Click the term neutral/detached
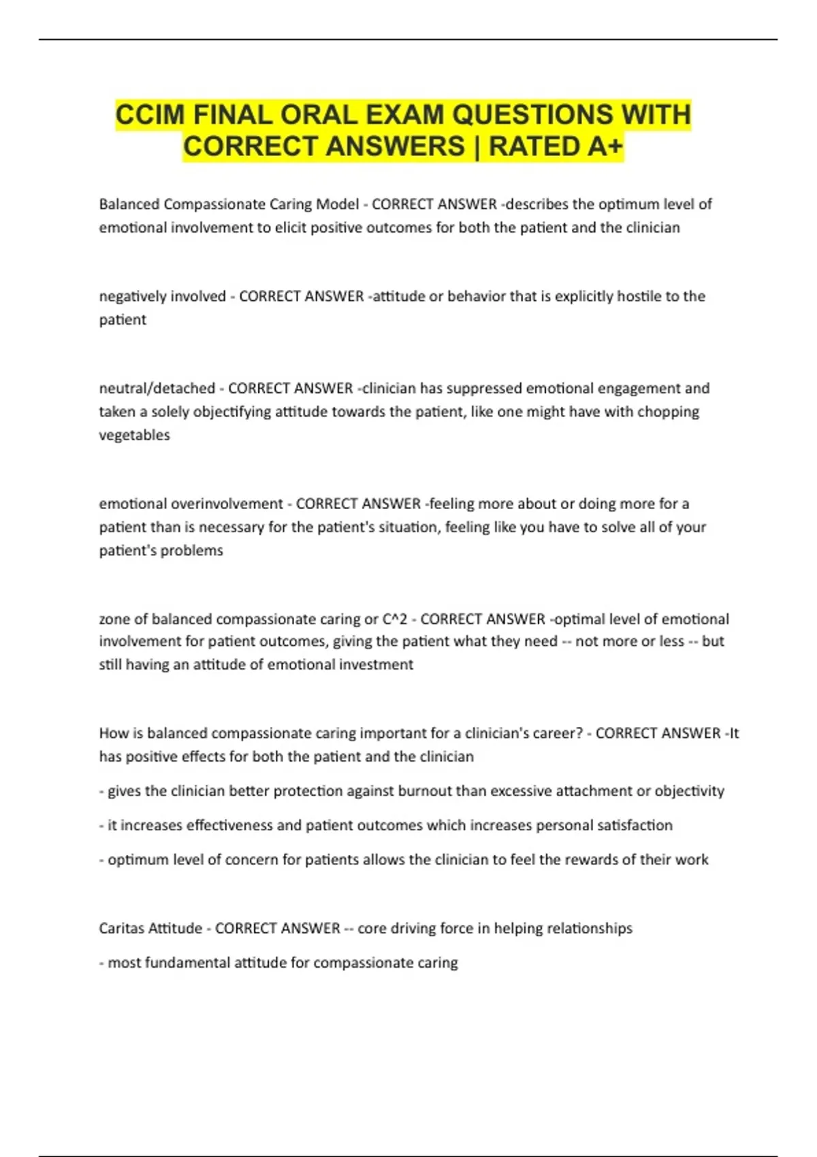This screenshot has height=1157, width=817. [x=157, y=388]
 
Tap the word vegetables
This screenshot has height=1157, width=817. [x=134, y=435]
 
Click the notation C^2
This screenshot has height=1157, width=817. [x=395, y=619]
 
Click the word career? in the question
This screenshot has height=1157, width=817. [x=558, y=733]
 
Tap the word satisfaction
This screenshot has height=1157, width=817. [x=635, y=825]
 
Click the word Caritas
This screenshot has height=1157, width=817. [x=122, y=928]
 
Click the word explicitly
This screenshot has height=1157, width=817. [x=584, y=296]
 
